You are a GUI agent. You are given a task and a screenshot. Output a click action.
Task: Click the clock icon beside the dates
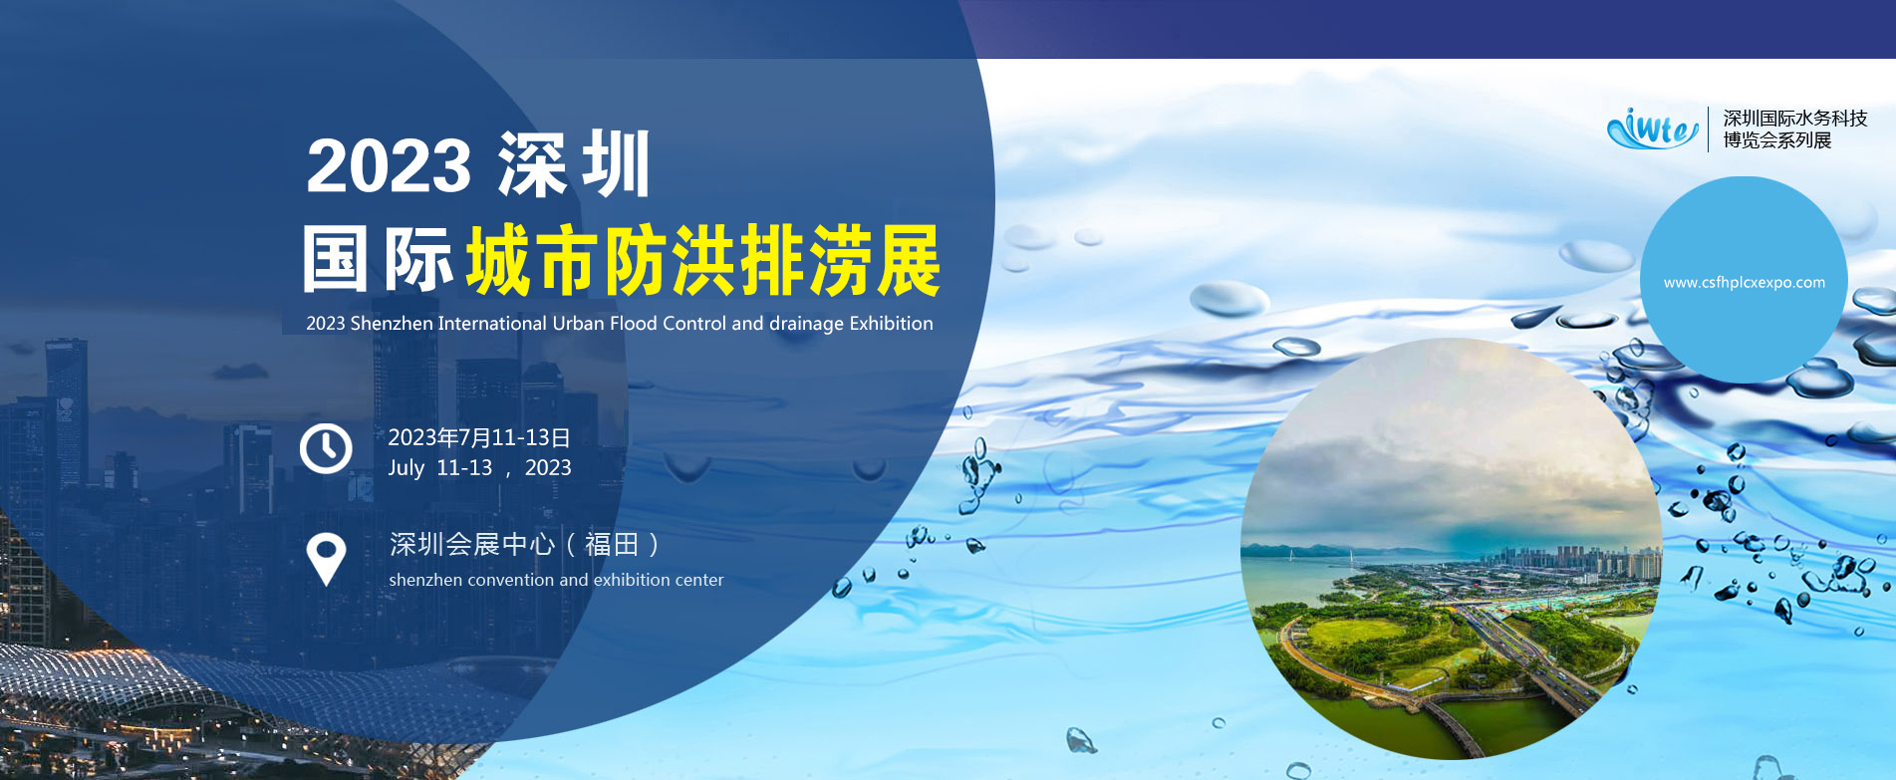tap(326, 448)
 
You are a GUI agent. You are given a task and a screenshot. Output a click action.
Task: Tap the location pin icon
tap(326, 559)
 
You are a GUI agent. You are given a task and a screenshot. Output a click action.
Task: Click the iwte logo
tap(1653, 129)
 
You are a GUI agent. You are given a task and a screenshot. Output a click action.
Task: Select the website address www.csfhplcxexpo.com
tap(1745, 283)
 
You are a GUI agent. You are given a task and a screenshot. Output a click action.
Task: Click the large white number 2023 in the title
tap(389, 165)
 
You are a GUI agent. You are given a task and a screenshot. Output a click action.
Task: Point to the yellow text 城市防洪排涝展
tap(703, 260)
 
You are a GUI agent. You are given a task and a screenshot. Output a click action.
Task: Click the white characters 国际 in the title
tap(378, 259)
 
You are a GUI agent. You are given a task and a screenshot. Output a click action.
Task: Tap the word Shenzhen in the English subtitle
tap(392, 324)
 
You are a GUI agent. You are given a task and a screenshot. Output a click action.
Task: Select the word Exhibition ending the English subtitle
tap(891, 324)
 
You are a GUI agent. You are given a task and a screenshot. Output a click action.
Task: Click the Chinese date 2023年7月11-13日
tap(479, 437)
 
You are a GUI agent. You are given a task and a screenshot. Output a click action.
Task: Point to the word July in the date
tap(406, 468)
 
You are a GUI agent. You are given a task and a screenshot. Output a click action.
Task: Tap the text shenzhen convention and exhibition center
tap(556, 580)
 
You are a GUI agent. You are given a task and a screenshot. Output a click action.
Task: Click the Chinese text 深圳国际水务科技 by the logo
tap(1795, 119)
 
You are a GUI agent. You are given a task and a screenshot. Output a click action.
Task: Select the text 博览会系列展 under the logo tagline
tap(1777, 140)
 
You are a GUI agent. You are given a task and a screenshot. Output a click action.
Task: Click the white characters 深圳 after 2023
tap(574, 164)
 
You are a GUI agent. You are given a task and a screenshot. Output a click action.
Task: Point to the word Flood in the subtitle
tap(634, 324)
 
